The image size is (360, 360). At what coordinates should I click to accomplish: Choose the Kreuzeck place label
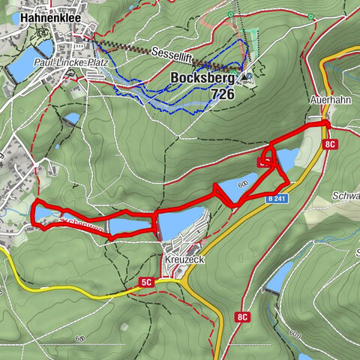[x=181, y=258]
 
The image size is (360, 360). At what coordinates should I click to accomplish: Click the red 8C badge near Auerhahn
[x=331, y=142]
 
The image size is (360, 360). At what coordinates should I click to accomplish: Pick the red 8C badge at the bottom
[x=241, y=317]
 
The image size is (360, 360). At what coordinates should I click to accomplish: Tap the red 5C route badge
[x=145, y=283]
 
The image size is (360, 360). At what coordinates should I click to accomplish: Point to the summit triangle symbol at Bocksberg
[x=248, y=75]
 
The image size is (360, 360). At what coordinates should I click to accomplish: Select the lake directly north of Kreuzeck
[x=181, y=223]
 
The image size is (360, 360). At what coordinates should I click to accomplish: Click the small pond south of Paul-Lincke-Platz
[x=71, y=118]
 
